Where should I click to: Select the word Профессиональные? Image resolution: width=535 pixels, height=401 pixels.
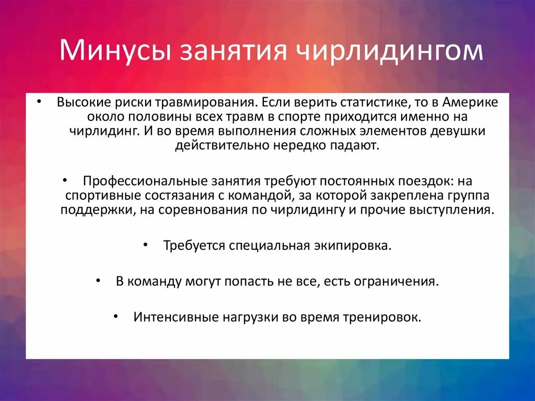[x=139, y=181]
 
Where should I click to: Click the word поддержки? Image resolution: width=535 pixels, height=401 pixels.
[x=91, y=210]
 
